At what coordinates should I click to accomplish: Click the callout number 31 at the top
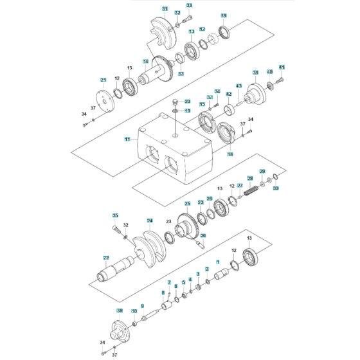[165, 9]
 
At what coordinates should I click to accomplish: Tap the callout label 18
[224, 15]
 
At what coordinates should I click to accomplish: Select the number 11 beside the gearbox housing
[127, 139]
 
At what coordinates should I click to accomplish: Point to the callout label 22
[105, 257]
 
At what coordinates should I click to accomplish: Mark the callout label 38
[119, 310]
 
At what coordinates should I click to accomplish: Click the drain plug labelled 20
[174, 103]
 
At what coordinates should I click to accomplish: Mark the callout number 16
[230, 154]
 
